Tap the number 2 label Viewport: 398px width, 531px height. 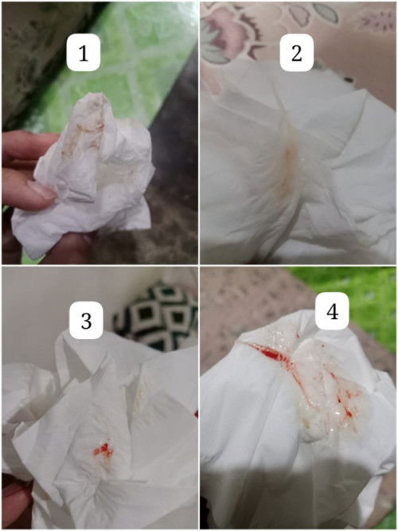point(296,54)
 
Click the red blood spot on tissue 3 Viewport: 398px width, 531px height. point(103,451)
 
